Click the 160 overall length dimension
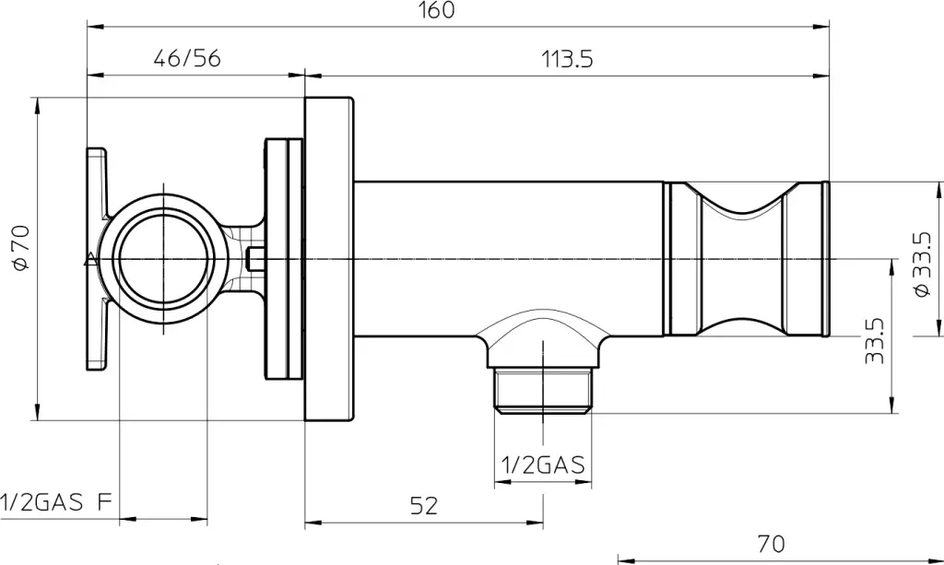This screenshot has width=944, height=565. pos(436,10)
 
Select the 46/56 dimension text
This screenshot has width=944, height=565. pos(187,58)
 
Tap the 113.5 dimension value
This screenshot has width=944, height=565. pos(567,59)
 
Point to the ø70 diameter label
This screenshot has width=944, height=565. pos(21,247)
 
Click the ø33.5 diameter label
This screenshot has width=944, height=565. pos(922,265)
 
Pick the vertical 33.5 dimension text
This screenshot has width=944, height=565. pos(874,341)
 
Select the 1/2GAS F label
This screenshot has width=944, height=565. pos(56,501)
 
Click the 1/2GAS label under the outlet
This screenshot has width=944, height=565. pos(543,465)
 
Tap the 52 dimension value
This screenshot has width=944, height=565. pos(424,506)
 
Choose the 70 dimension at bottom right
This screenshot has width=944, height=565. pos(772,544)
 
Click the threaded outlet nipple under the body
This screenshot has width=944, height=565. pos(543,391)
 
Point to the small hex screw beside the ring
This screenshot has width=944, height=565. pos(256,259)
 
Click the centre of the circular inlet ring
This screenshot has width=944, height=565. pos(163,259)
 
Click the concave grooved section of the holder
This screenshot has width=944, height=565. pos(744,259)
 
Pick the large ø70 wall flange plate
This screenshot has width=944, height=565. pos(329,259)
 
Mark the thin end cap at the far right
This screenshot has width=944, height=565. pos(826,259)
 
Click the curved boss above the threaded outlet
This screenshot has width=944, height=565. pos(543,337)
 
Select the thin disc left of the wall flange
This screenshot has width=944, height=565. pos(284,259)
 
